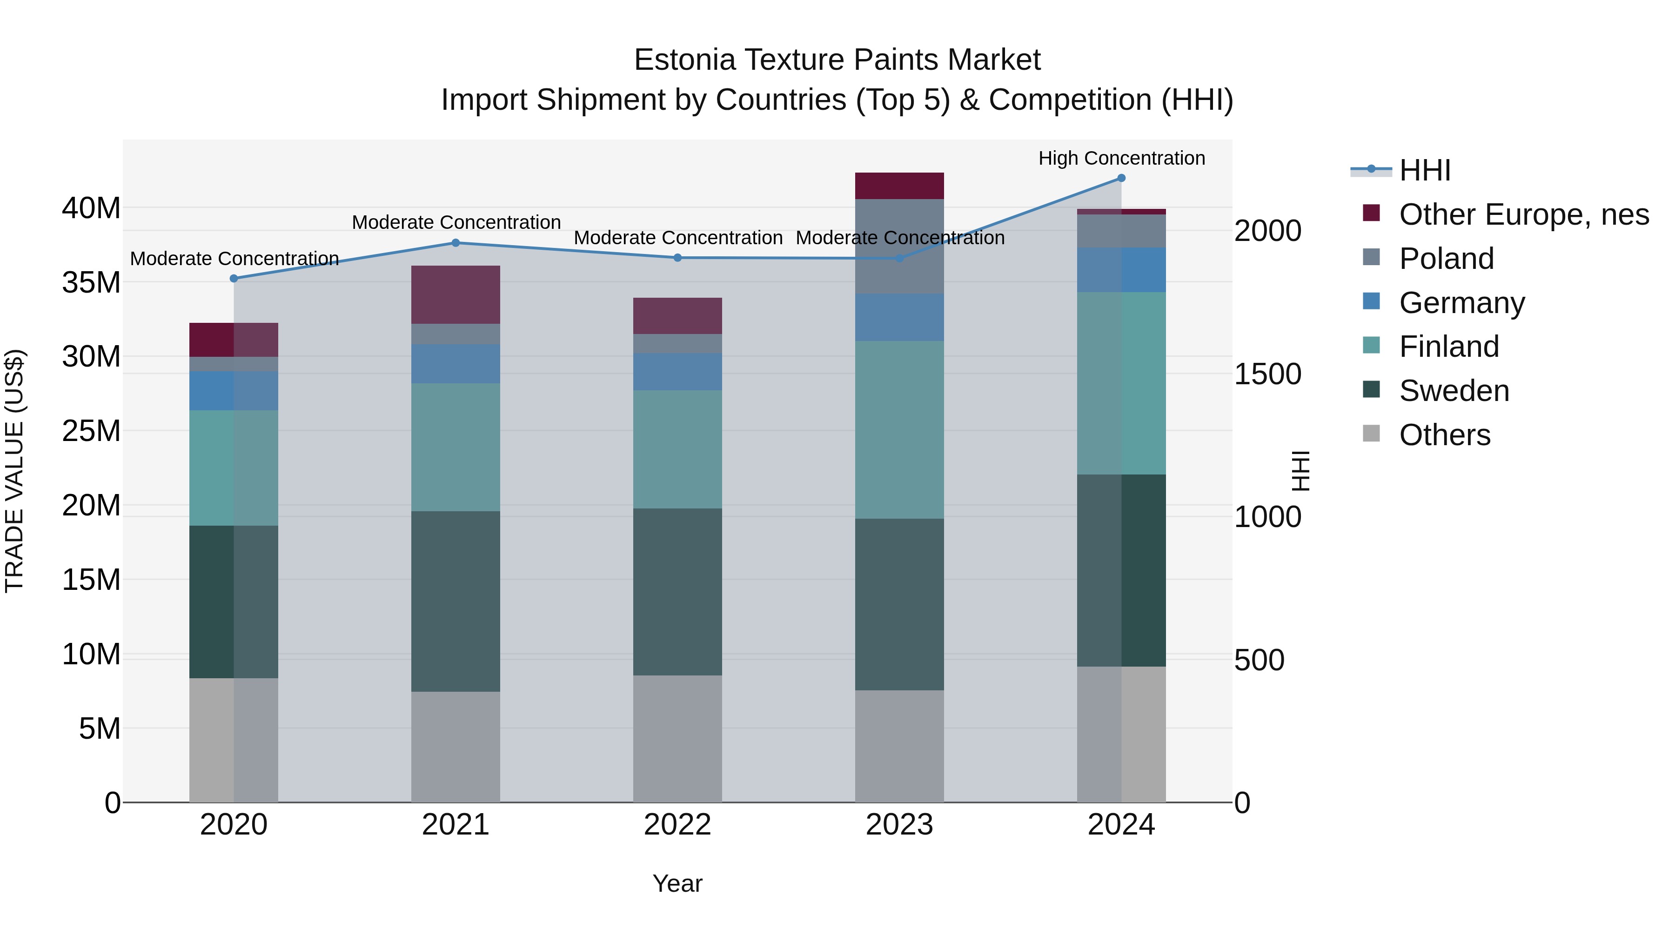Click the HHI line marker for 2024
pos(1121,178)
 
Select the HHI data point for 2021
pos(456,243)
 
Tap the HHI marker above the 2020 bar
pos(234,278)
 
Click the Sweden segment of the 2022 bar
pos(677,592)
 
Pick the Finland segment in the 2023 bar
pos(899,430)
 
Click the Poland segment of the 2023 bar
pos(899,247)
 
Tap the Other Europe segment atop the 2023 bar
pos(899,186)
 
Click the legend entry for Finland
pos(1449,347)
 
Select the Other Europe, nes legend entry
pos(1523,214)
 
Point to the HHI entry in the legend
pos(1424,170)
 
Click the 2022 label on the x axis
pos(677,825)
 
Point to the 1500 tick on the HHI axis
pos(1267,374)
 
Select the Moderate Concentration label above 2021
pos(456,222)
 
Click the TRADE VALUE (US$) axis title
pos(14,471)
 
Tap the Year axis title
pos(677,883)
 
